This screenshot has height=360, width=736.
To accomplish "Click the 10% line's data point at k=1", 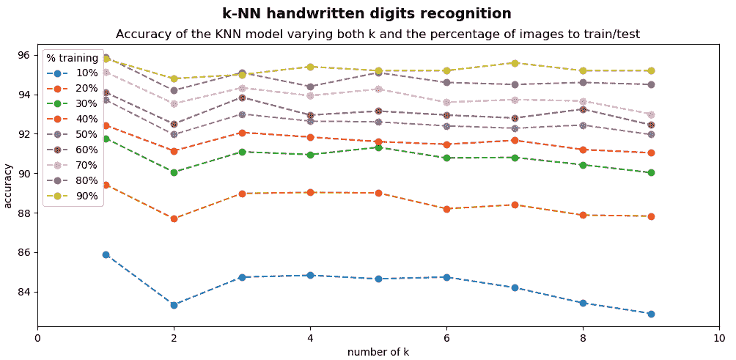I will (x=106, y=254).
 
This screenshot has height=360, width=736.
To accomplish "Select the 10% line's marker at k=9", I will (x=651, y=314).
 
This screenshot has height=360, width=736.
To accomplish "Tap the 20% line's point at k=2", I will (x=174, y=218).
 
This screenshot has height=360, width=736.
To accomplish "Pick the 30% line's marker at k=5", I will (x=378, y=147).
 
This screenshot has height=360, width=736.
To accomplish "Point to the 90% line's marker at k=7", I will (x=515, y=63).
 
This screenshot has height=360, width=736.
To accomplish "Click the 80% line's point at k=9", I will (x=651, y=84).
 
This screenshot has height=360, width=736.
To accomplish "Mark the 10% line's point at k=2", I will (x=174, y=305).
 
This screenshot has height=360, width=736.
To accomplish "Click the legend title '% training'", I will (x=72, y=58).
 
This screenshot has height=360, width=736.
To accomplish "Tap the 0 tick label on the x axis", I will (x=37, y=339).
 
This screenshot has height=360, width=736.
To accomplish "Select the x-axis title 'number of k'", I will (x=378, y=352).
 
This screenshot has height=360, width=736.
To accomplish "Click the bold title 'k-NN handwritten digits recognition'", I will (x=367, y=13).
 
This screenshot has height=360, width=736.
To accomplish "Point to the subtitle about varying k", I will (x=378, y=34).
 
